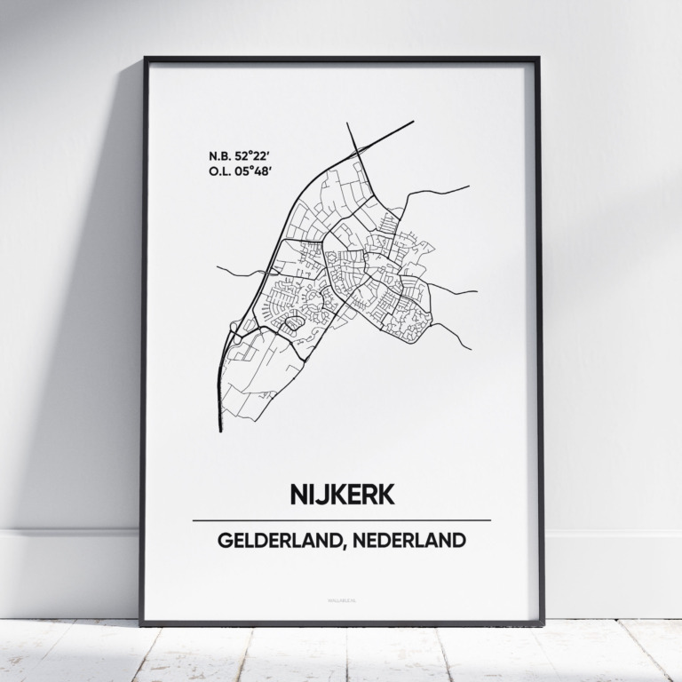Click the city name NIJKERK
point(341,496)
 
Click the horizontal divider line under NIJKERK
point(341,519)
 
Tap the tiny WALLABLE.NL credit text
point(341,607)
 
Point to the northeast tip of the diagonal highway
point(414,122)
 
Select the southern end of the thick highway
point(220,431)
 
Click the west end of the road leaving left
point(218,266)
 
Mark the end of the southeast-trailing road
point(470,349)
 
